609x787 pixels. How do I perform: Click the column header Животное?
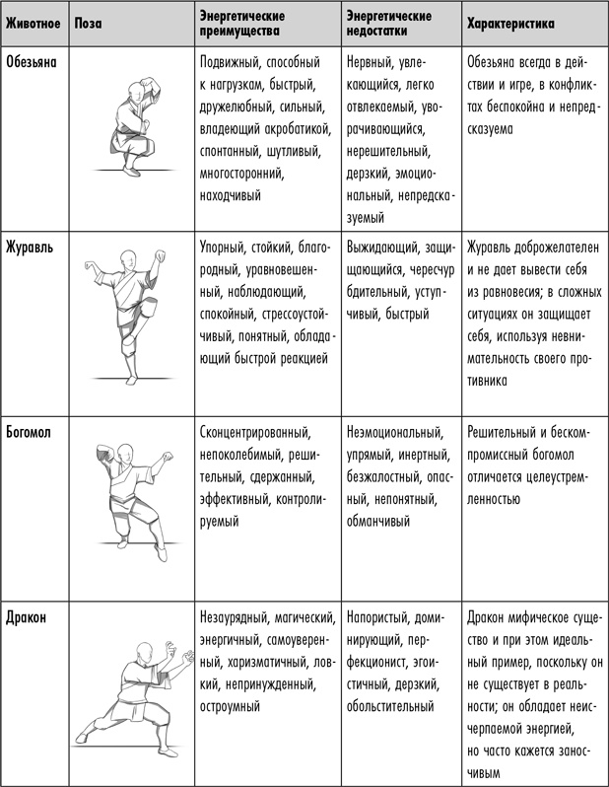pos(33,22)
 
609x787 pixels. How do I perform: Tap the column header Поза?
pos(87,22)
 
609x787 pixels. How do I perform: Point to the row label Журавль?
pos(29,247)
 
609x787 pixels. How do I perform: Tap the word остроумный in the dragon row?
pos(231,707)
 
